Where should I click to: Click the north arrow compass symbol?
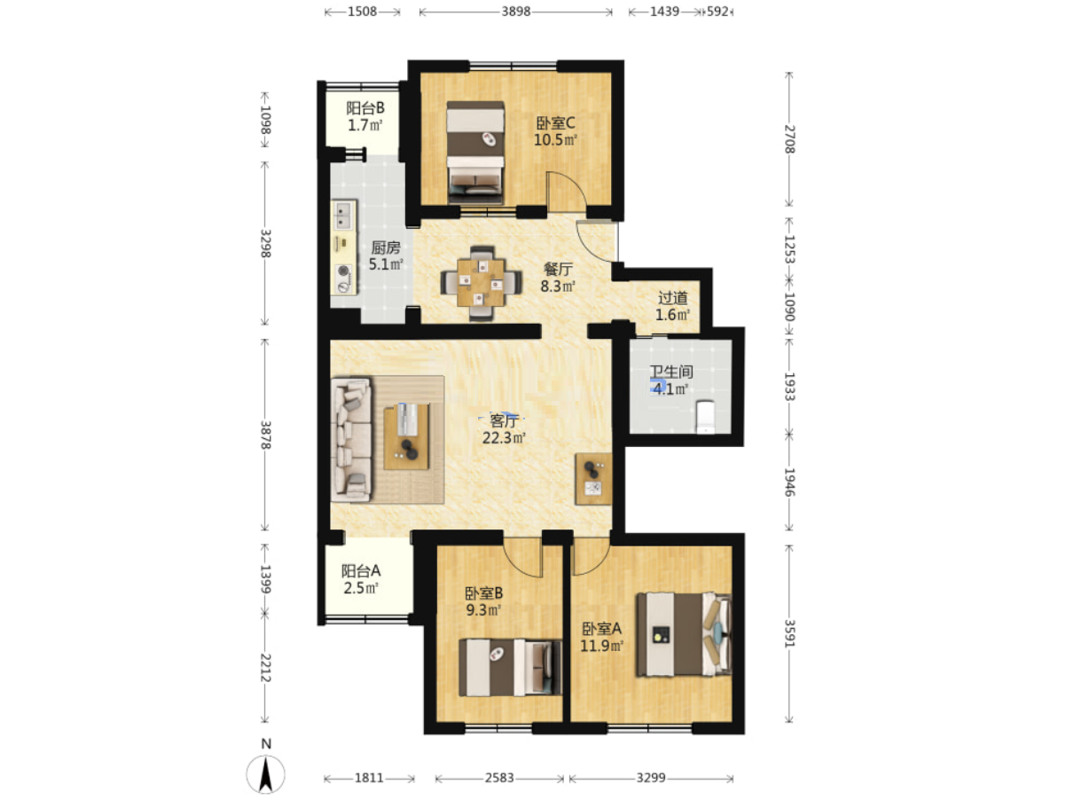coord(265,773)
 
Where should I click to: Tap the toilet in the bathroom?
coord(704,416)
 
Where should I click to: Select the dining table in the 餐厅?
coord(481,283)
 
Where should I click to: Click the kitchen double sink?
coord(343,215)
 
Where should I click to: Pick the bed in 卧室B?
coord(511,667)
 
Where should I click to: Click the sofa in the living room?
coord(351,439)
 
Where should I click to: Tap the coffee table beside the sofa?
coord(407,436)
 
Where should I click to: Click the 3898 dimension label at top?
coord(516,12)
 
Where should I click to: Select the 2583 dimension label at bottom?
coord(499,778)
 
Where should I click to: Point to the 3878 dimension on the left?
coord(265,435)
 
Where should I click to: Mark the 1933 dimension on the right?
coord(789,386)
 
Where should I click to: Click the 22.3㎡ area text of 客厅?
coord(504,438)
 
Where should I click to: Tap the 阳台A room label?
coord(361,570)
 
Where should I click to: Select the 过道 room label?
coord(672,297)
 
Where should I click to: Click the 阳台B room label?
coord(365,108)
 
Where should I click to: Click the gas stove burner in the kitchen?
coord(344,271)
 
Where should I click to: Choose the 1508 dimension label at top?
coord(363,12)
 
